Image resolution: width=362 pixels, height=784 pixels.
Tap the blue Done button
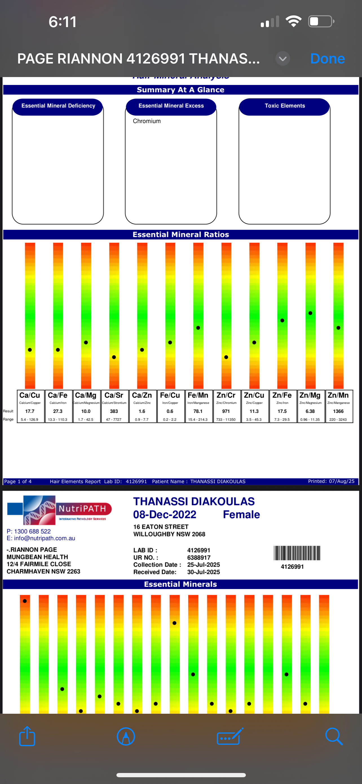327,58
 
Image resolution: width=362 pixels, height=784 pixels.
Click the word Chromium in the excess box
147,121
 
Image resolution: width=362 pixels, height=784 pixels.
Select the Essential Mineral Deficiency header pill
58,106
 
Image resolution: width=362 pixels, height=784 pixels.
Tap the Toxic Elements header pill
284,106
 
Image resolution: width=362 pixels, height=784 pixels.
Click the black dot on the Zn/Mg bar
310,313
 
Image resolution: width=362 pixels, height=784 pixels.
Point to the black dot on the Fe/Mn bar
198,328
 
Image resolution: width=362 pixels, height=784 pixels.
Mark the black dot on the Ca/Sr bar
114,357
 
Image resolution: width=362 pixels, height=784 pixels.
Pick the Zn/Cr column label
226,395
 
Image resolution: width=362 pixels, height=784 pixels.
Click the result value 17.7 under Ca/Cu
30,411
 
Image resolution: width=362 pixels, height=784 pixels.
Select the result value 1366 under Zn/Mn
338,411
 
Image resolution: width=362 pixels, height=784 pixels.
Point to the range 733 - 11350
226,419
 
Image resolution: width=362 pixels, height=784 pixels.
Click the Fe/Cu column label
170,395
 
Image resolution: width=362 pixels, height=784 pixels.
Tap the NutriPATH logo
59,510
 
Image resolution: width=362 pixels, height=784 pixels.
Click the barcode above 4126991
297,553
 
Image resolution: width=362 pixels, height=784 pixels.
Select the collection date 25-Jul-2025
203,564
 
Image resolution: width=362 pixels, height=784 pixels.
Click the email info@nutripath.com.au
44,538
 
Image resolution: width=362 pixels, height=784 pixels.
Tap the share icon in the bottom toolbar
27,737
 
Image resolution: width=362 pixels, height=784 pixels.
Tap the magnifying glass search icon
334,737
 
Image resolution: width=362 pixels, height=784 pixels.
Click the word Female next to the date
241,514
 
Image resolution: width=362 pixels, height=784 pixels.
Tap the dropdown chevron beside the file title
282,59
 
